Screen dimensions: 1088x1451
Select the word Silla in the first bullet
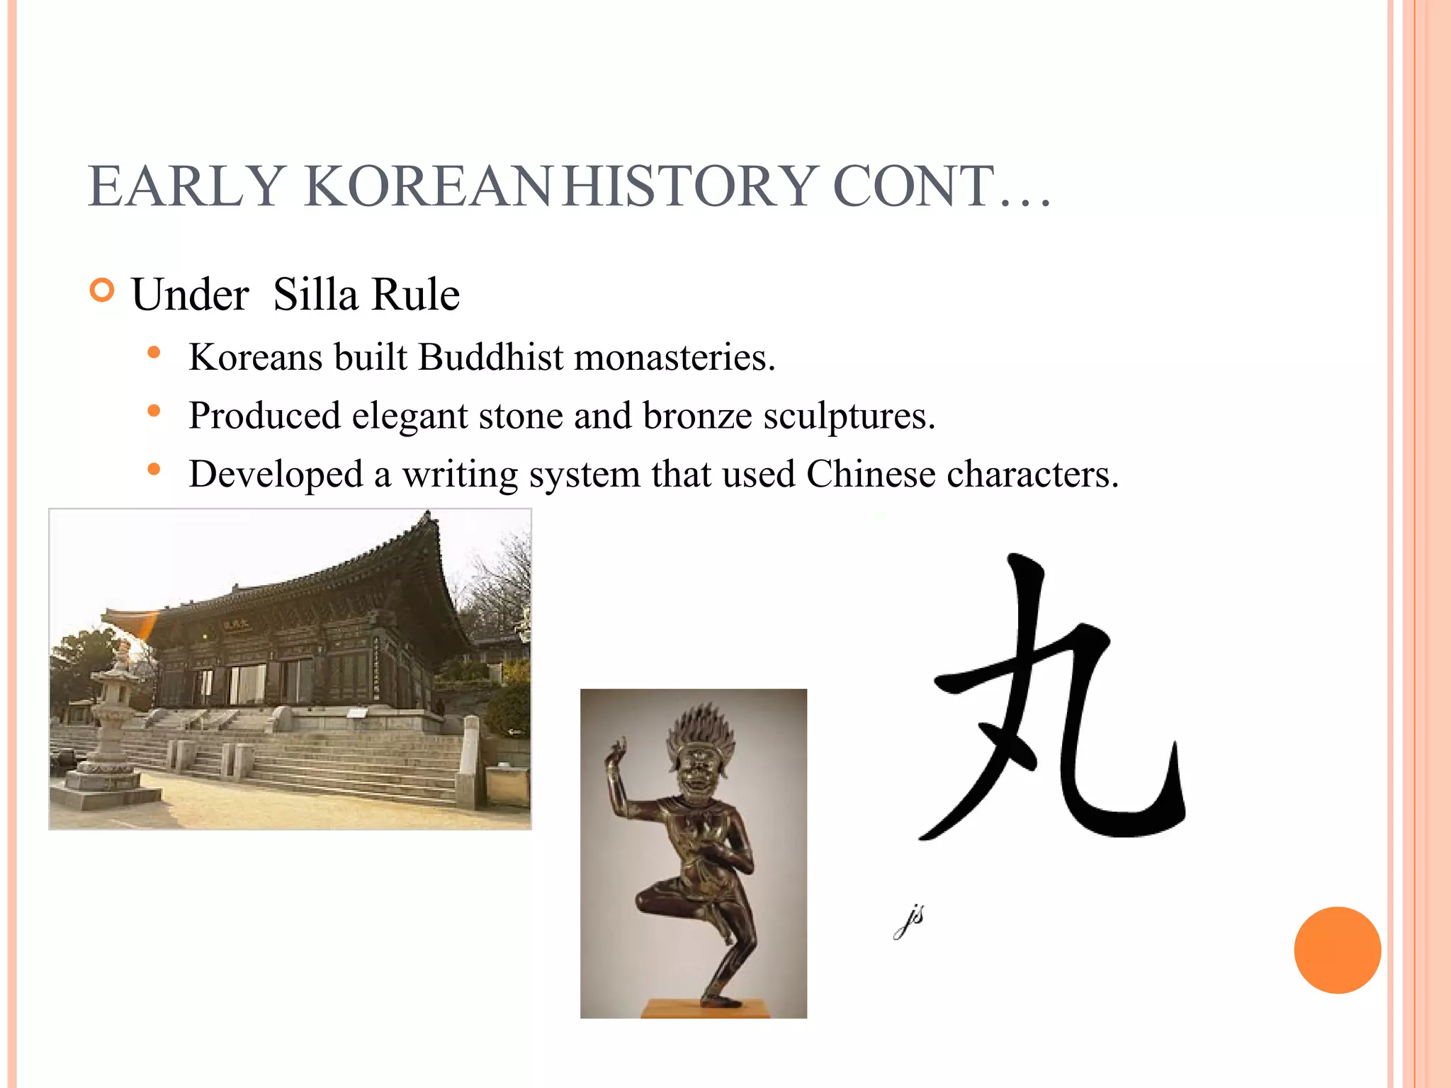pos(315,295)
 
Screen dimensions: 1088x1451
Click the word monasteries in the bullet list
pos(674,357)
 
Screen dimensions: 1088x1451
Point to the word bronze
pos(697,416)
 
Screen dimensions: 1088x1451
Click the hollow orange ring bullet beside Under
pos(103,290)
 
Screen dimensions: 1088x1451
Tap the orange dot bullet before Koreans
pos(154,352)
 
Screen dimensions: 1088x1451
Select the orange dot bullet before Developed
pos(154,469)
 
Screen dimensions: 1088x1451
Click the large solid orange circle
pos(1337,950)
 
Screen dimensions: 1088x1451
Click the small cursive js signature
pos(910,921)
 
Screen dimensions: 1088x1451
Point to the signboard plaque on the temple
pos(236,625)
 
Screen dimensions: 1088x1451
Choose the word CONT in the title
pos(914,186)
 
